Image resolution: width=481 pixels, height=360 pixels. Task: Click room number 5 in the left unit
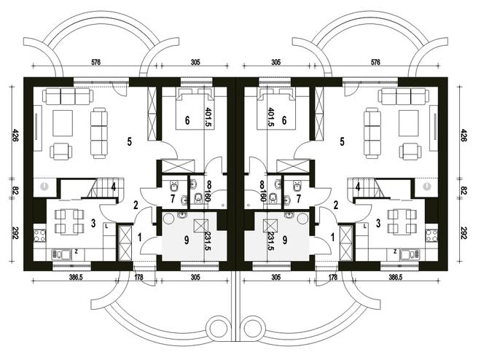tap(128, 142)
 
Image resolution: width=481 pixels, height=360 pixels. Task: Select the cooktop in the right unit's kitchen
tap(431, 235)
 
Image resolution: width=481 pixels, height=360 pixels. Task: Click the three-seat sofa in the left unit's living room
tap(66, 96)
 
